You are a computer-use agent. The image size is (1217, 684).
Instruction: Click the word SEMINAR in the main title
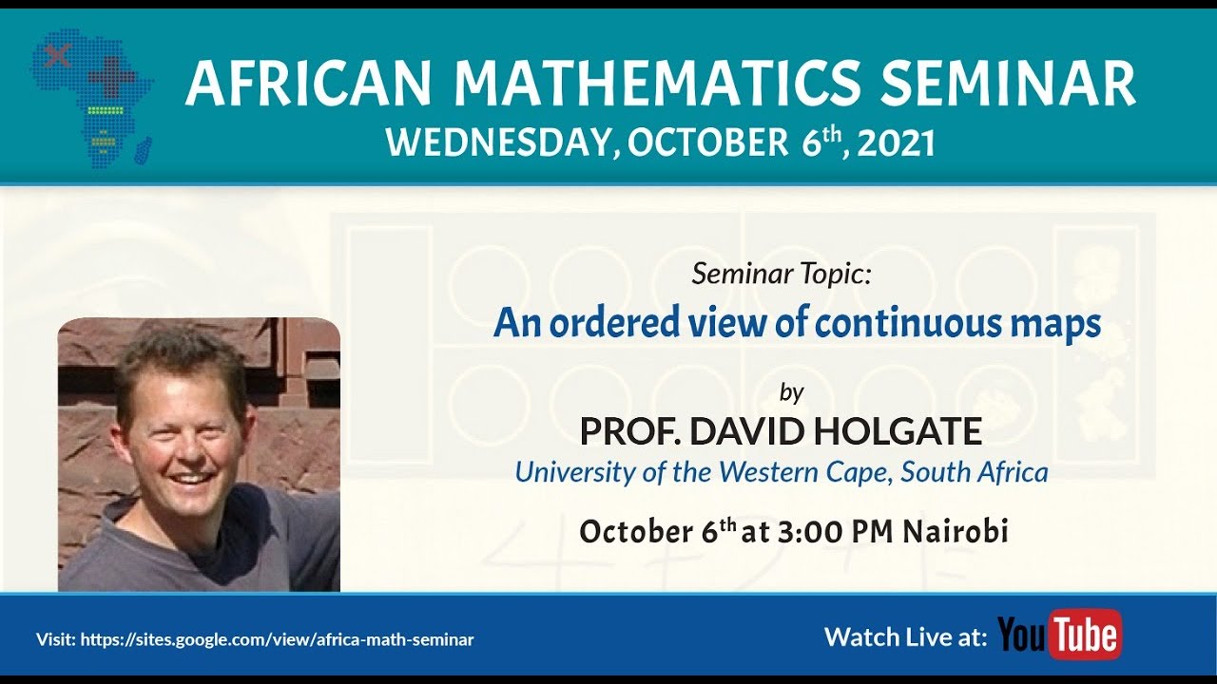(1008, 85)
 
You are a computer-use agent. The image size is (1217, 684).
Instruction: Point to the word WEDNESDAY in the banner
(495, 142)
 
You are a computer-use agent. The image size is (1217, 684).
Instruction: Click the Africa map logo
(91, 99)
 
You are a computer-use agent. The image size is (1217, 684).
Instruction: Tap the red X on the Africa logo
(58, 54)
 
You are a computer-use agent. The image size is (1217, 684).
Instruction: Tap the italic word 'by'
(791, 391)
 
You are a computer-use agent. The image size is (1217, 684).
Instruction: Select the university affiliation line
(781, 471)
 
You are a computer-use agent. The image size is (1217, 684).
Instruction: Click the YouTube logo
(1060, 635)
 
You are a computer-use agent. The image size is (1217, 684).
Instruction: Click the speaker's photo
(199, 454)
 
